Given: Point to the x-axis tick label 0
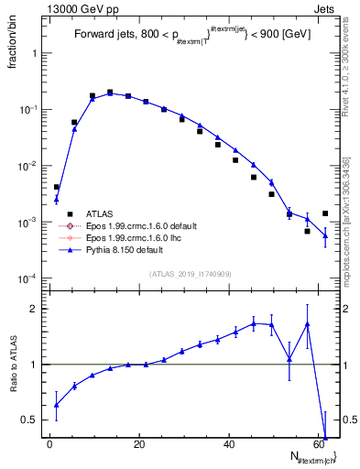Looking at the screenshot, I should (x=49, y=444).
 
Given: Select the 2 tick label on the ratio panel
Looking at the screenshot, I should (x=37, y=309).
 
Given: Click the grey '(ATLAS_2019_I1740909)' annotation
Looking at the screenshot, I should (x=190, y=273).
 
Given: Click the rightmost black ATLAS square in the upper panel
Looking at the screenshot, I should (x=325, y=213).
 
